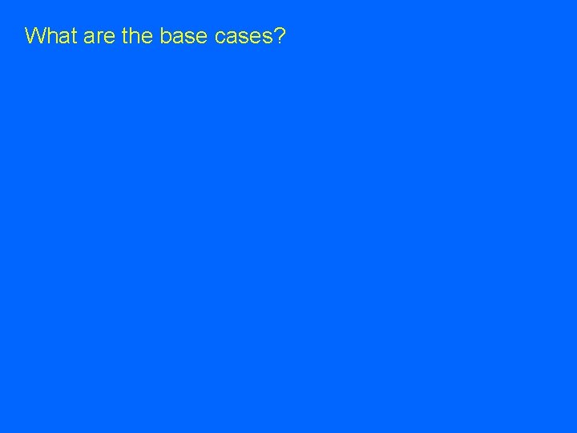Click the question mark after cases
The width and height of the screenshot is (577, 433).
coord(280,36)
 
